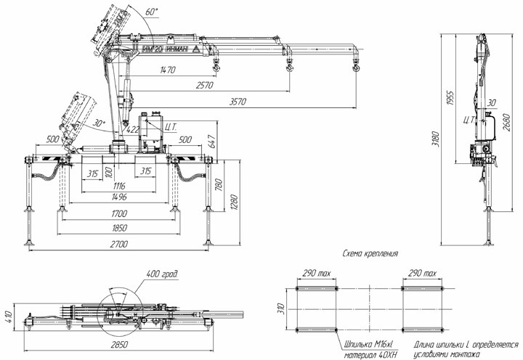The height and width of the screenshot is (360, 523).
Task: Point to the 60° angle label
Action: (x=151, y=12)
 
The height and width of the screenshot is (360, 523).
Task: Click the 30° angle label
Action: (x=100, y=123)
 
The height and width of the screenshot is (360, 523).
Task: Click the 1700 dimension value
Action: (x=120, y=213)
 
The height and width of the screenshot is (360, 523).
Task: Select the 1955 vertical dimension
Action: (x=451, y=98)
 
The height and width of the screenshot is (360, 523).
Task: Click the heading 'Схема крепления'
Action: (x=370, y=255)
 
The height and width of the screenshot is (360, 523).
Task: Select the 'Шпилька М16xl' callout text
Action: (x=373, y=345)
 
